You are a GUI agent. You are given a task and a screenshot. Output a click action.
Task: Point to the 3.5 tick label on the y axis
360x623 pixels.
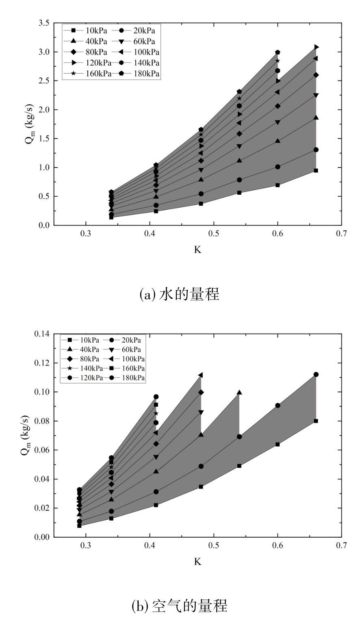pos(43,24)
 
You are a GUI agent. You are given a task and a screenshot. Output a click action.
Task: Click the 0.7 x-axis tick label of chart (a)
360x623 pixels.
pos(341,234)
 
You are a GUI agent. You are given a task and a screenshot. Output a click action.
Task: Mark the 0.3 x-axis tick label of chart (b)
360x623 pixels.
pos(86,546)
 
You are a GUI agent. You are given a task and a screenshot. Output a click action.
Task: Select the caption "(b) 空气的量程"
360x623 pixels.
pos(179,606)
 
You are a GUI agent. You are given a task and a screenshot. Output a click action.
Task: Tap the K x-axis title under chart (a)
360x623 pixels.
pos(197,250)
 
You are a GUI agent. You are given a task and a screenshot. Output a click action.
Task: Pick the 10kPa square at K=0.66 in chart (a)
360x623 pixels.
pos(316,171)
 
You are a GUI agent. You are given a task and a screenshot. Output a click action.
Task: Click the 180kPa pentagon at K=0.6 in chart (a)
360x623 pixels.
pos(278,52)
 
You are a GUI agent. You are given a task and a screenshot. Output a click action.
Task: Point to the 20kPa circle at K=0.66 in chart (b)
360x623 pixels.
pos(316,375)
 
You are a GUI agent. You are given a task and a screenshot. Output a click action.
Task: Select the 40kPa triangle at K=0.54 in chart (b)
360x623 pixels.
pos(239,393)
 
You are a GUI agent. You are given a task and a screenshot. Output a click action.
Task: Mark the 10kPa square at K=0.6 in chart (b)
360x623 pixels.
pos(278,444)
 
